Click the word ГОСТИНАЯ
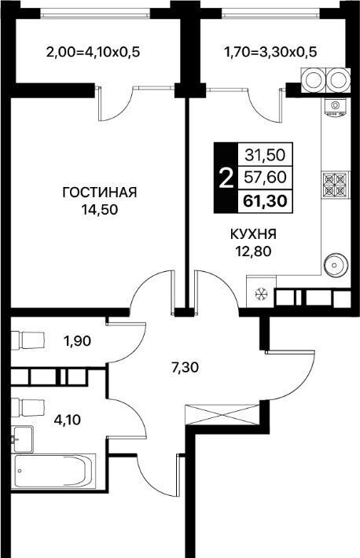point(99,193)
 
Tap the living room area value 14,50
point(99,210)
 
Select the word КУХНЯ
point(253,234)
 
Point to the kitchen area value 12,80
point(253,251)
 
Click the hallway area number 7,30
point(185,367)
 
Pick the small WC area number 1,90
point(77,341)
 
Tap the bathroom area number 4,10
point(67,420)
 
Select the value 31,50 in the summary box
point(265,155)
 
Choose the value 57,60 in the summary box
point(265,177)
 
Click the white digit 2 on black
point(226,178)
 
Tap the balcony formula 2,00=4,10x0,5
point(94,53)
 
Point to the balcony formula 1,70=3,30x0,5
point(270,53)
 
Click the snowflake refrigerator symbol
point(262,294)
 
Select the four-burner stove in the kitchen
point(335,185)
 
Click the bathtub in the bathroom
point(54,472)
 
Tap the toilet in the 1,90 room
point(28,340)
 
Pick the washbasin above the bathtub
point(22,439)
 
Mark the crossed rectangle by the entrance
point(222,414)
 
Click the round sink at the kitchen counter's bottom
point(334,265)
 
